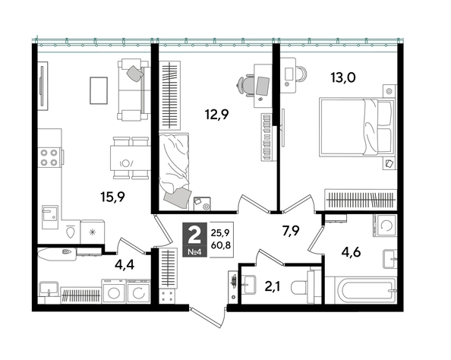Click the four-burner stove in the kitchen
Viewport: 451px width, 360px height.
50,157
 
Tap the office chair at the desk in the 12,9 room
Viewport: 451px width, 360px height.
247,85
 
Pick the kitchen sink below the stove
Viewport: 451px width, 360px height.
50,213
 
